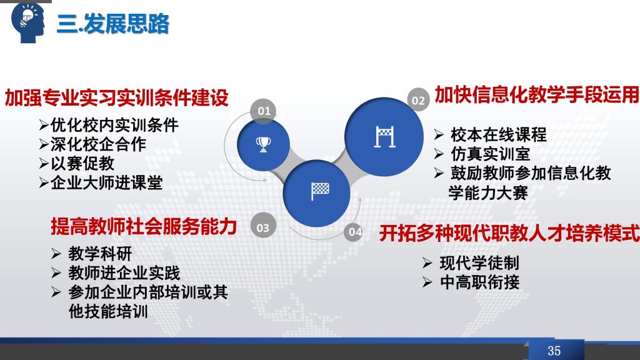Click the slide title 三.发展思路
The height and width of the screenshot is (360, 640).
point(113,23)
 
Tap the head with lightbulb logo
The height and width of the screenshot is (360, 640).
point(28,22)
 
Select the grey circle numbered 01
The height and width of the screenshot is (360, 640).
point(263,111)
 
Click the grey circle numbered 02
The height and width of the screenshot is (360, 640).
point(418,100)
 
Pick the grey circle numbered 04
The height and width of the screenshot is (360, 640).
point(354,232)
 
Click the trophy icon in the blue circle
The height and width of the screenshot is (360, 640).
point(263,144)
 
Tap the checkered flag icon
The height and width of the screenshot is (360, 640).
point(320,191)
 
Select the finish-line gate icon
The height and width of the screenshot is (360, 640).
point(384,137)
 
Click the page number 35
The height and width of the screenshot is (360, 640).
point(554,351)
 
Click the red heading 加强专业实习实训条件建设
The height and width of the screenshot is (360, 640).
point(116,98)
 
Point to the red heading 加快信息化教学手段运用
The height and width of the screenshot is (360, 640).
point(536,94)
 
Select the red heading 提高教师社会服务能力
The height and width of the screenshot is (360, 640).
point(144,226)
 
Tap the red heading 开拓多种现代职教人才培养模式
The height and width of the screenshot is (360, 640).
point(509,233)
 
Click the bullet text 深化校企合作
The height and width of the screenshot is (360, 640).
point(98,144)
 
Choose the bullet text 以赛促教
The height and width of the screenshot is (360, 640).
point(82,163)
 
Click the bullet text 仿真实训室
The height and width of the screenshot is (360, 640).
point(490,154)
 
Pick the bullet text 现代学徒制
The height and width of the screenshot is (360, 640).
point(479,263)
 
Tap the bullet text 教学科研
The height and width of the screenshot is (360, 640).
point(100,254)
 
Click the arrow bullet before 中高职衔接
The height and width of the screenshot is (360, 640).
point(427,282)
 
